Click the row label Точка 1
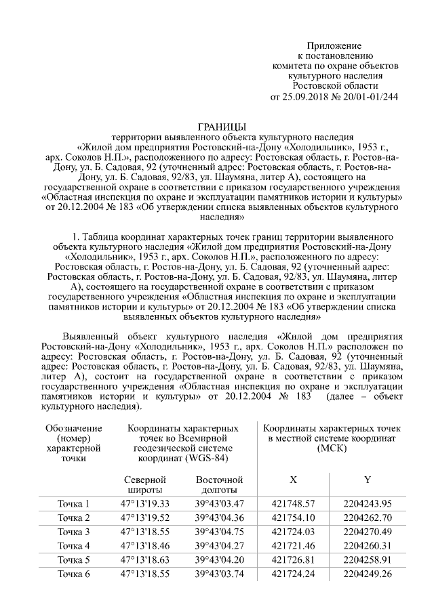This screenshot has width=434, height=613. point(73,503)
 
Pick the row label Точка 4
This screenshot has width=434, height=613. point(73,545)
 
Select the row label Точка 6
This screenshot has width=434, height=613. point(73,574)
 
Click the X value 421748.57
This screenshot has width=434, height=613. point(294,503)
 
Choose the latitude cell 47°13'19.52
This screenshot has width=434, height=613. point(144,517)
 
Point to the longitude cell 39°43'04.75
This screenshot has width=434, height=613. point(218,532)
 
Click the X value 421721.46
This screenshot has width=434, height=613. point(294,545)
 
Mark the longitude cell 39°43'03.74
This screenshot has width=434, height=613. point(218,574)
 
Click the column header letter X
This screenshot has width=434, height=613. point(294,480)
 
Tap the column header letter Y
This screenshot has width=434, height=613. point(367,480)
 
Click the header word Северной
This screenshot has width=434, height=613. point(144,480)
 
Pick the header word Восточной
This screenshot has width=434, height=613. point(218,480)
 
